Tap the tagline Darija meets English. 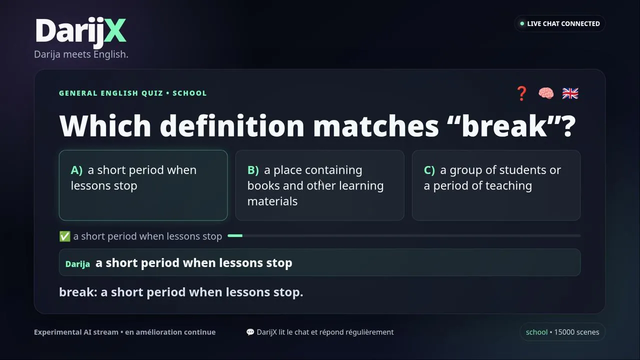point(81,54)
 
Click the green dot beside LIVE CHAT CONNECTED point(522,23)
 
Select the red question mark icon point(521,93)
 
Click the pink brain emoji point(546,93)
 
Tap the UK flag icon point(570,93)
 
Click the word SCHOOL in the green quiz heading point(189,93)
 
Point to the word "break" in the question point(504,126)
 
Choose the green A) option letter point(76,170)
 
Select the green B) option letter point(253,170)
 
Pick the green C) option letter point(429,170)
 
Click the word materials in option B point(272,201)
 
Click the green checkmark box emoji point(65,236)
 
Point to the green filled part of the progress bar point(235,235)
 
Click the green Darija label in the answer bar point(77,264)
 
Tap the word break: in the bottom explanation point(78,292)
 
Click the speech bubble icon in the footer point(250,332)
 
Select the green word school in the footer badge point(536,332)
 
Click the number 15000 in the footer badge point(564,332)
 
